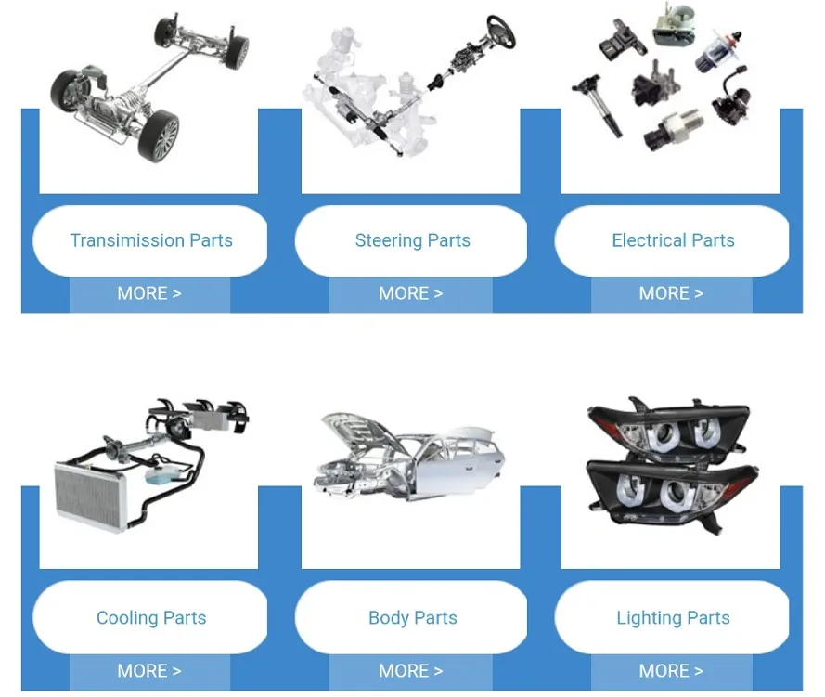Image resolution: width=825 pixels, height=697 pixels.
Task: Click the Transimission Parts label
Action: click(x=151, y=240)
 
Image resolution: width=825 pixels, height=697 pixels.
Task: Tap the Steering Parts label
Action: click(x=412, y=240)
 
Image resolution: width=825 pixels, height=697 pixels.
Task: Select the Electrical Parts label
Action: click(x=673, y=240)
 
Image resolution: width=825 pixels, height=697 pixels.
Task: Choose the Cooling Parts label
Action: click(x=151, y=617)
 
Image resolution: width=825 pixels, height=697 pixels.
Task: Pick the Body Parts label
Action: click(x=412, y=617)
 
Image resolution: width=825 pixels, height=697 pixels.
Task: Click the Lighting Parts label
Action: click(x=673, y=617)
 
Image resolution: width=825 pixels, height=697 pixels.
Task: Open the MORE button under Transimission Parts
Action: click(x=149, y=293)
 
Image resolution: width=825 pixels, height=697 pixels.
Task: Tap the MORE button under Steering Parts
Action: click(x=411, y=293)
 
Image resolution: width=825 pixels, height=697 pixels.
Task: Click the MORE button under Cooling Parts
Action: click(x=149, y=671)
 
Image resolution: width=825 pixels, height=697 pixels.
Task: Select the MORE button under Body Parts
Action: click(x=411, y=671)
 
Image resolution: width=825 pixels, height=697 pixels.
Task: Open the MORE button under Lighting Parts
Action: click(x=671, y=671)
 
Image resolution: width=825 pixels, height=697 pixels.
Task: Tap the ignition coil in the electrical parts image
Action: click(x=599, y=106)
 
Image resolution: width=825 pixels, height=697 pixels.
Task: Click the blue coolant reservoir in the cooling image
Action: click(x=161, y=475)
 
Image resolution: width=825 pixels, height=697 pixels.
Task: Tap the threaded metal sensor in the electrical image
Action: click(x=674, y=129)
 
